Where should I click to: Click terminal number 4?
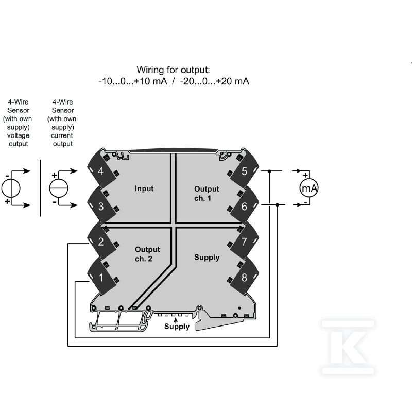point(100,171)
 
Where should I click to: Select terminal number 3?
point(100,207)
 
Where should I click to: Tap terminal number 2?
point(100,242)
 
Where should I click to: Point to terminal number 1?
point(101,278)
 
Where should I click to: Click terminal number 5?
point(244,171)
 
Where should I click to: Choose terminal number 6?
point(244,207)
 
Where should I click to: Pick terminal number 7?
point(244,242)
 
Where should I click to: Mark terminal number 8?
point(244,278)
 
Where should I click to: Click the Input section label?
point(144,188)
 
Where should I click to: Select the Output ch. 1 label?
point(207,194)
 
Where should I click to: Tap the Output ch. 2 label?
point(147,254)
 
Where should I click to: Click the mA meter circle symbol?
point(309,188)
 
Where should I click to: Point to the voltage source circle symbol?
point(11,188)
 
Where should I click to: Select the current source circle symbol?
point(59,188)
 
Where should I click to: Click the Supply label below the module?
point(177,327)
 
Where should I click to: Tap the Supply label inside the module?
point(207,257)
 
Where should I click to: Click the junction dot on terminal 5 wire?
point(269,171)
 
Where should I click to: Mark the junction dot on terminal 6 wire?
point(277,204)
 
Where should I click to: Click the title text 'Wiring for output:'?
point(173,70)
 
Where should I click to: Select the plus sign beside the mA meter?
point(305,175)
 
